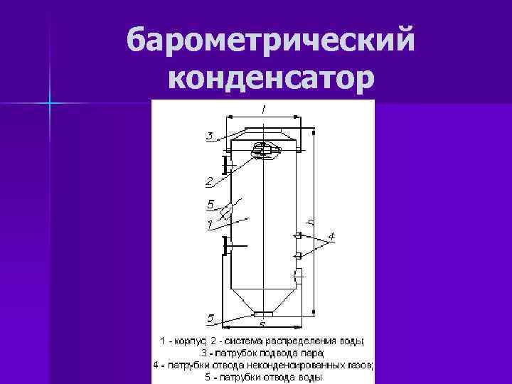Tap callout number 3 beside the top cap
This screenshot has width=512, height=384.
coord(210,135)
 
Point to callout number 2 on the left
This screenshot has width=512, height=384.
coord(210,179)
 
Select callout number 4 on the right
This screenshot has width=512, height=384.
coord(331,235)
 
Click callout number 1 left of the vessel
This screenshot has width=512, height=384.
coord(210,225)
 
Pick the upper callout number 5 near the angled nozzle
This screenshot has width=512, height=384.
coord(210,205)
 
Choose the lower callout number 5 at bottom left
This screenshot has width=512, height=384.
coord(210,317)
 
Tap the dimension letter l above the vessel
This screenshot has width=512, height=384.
coord(263,109)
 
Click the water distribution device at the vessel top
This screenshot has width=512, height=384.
coord(264,150)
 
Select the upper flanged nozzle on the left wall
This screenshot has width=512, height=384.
coord(227,166)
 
